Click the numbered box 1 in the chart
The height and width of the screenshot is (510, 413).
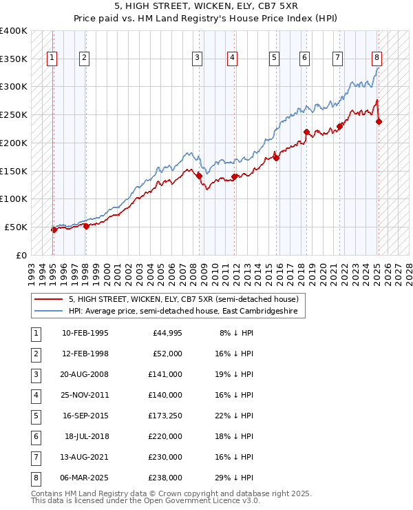point(52,58)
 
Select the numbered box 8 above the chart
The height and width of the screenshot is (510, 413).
point(377,58)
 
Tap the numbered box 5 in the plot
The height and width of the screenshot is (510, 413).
point(274,58)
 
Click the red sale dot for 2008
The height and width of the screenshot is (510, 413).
point(199,176)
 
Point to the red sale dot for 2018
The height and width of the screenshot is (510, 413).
point(306,132)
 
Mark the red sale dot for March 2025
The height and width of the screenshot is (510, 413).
point(379,122)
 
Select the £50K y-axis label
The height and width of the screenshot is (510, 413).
point(17,227)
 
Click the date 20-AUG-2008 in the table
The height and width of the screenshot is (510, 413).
point(85,374)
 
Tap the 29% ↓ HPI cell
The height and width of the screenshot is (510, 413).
point(236,478)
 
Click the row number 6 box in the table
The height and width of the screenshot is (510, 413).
point(35,436)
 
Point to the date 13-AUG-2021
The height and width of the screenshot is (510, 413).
point(85,457)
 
